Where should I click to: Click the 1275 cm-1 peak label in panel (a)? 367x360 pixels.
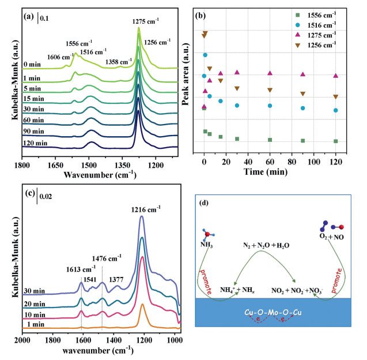point(146,21)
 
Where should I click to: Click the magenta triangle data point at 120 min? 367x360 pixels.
point(336,76)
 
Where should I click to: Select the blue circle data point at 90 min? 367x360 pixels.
point(303,108)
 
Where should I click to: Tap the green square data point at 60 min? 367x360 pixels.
point(270,140)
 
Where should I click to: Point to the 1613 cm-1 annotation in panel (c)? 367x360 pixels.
point(81,253)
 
